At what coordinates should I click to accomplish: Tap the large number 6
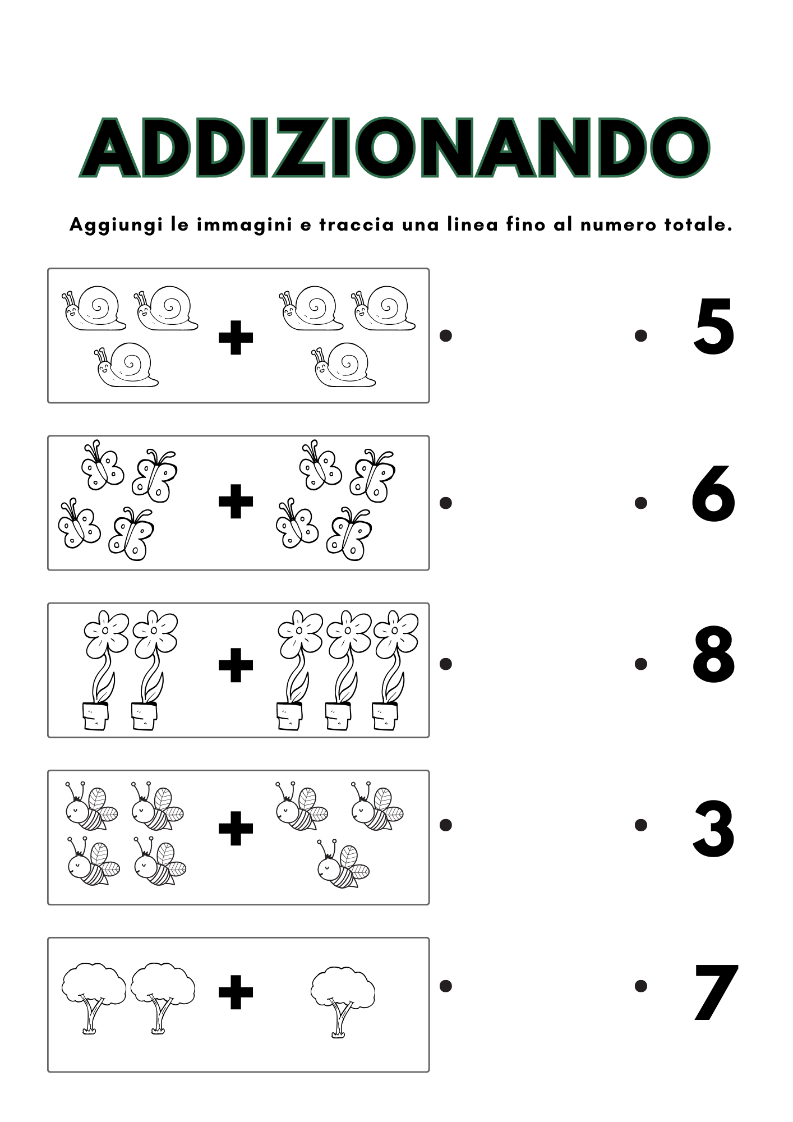tap(713, 494)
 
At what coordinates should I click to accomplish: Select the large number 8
tap(713, 655)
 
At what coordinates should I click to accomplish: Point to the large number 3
tap(713, 829)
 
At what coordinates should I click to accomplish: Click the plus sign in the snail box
tap(236, 338)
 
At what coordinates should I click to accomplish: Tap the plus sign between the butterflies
tap(236, 501)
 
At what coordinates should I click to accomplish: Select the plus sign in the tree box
tap(236, 992)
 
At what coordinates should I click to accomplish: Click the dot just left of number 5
tap(641, 335)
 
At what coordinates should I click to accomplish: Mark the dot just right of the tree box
tap(446, 986)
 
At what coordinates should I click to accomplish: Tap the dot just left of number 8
tap(641, 664)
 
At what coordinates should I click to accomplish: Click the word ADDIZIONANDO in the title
tap(395, 148)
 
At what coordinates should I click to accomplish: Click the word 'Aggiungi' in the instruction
tap(116, 226)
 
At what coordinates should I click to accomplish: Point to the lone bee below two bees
tap(343, 864)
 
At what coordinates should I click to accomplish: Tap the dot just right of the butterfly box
tap(446, 503)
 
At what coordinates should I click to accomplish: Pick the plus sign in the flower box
tap(236, 665)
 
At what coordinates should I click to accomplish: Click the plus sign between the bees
tap(236, 828)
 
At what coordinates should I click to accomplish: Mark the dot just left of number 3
tap(641, 825)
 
